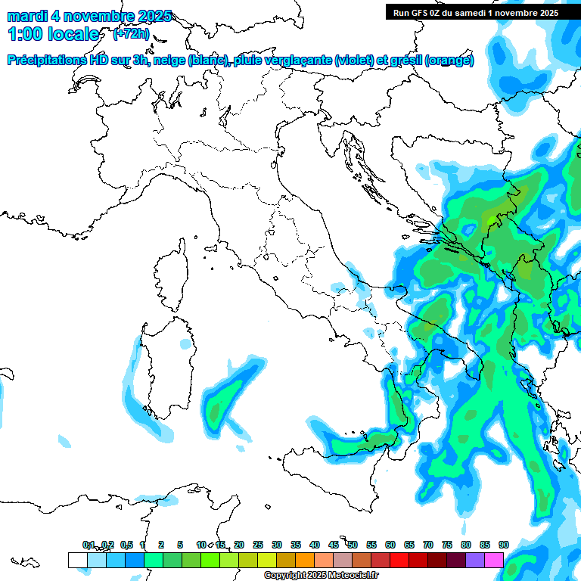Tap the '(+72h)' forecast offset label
(x=131, y=35)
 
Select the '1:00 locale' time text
(x=54, y=35)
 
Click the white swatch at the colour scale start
(x=77, y=560)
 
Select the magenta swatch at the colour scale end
(x=494, y=560)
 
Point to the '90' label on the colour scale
(x=504, y=545)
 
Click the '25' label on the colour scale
(x=258, y=545)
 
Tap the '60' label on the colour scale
(x=390, y=545)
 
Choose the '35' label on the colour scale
(x=296, y=545)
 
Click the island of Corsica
(x=172, y=276)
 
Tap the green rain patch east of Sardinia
(x=222, y=405)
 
